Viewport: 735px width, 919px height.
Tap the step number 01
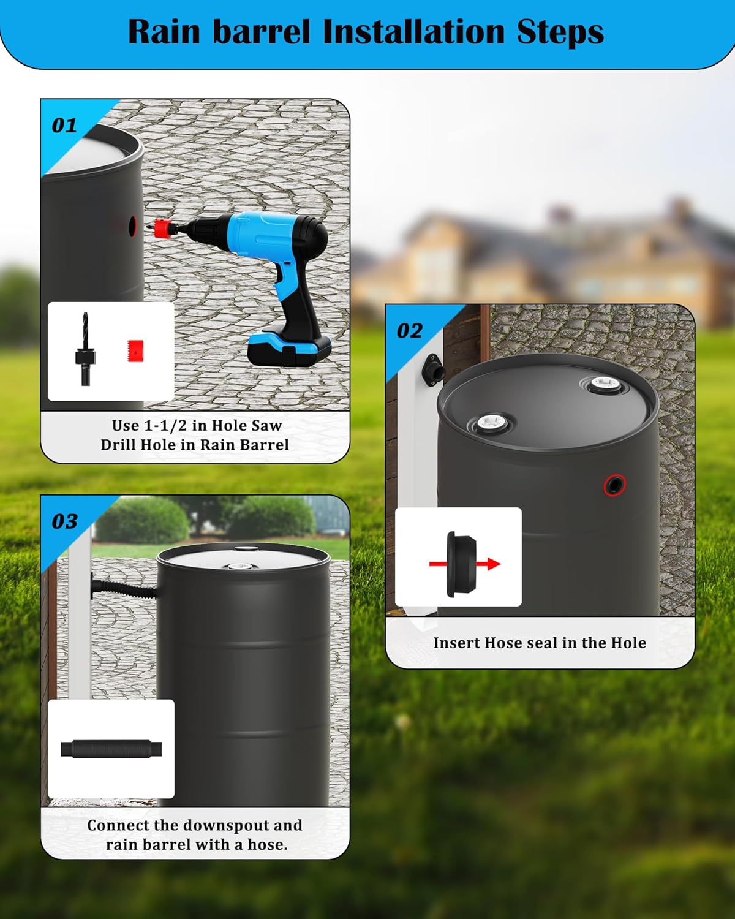tap(64, 126)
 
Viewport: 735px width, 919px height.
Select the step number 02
tap(409, 331)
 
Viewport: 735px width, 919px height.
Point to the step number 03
tap(64, 521)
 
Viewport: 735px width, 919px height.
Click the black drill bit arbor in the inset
tap(84, 349)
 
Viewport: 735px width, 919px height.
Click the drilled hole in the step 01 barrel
tap(132, 226)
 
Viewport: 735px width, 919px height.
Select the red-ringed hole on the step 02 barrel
tap(614, 485)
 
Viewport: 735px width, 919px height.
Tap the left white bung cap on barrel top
tap(489, 423)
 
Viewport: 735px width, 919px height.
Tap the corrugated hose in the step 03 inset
tap(111, 749)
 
